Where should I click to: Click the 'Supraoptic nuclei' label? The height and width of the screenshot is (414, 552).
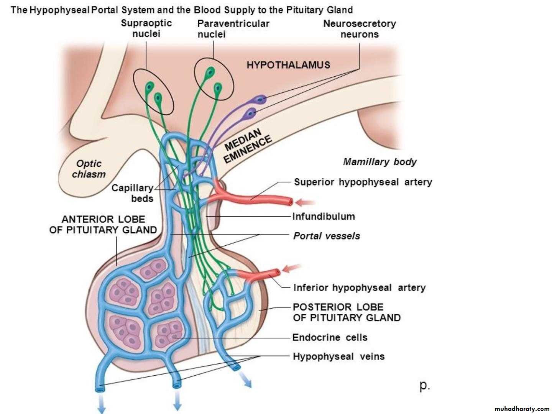146,28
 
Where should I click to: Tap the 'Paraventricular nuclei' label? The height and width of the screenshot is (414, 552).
233,29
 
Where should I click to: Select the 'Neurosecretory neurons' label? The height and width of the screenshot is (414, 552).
359,29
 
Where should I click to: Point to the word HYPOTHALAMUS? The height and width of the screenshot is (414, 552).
288,65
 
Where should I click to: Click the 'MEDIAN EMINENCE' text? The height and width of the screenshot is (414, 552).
248,146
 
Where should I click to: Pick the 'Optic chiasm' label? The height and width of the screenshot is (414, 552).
89,169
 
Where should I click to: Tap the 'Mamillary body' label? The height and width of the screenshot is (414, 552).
379,162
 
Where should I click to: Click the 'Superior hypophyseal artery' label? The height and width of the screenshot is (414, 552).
363,182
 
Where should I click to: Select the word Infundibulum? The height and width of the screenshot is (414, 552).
324,217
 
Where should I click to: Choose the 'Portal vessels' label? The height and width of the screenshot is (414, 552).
327,236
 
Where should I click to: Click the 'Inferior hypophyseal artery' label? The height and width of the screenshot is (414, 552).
359,287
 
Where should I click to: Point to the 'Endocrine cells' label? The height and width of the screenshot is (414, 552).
330,337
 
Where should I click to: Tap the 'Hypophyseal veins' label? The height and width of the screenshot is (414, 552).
338,356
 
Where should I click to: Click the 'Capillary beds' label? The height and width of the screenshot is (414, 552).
133,193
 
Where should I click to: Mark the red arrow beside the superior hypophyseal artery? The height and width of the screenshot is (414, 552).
307,202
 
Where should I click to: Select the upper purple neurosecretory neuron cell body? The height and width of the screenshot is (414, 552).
261,100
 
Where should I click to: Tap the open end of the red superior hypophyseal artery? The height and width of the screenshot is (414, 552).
291,202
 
